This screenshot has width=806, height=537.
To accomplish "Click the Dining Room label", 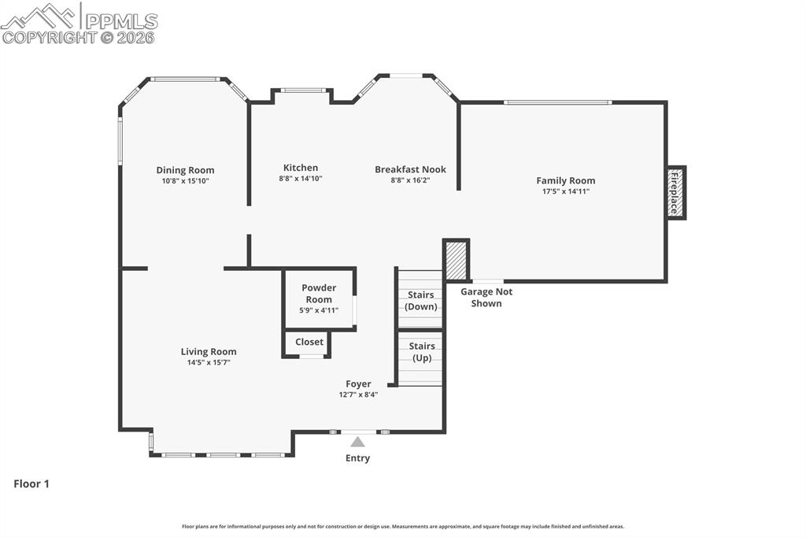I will [185, 170].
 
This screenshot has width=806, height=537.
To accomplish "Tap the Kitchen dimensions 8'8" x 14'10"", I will [301, 179].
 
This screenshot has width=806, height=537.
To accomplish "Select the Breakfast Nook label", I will [410, 169].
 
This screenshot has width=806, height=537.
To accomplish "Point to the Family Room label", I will [565, 180].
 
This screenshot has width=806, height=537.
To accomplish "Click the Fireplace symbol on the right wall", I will [675, 193].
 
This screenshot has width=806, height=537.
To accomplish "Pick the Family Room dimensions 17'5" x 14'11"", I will [565, 191].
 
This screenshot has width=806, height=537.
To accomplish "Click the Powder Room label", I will [319, 294].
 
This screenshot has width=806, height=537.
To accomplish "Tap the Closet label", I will [309, 342].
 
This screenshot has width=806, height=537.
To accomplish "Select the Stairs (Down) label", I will [421, 301].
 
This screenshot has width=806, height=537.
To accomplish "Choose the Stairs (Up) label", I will [422, 352].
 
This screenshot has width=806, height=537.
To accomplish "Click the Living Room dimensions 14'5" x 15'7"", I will [209, 362].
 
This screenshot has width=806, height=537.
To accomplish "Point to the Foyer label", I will [358, 384].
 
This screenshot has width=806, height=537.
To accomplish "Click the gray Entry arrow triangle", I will [358, 443].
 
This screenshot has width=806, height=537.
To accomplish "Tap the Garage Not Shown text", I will [486, 298].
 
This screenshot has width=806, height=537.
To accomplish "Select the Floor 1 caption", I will [31, 484].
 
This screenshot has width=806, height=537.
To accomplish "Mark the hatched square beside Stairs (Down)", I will [457, 261].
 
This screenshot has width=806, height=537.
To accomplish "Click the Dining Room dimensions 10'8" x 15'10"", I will [185, 181].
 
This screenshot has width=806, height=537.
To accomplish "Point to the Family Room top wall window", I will [557, 102].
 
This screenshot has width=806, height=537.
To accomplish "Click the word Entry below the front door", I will [357, 458].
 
